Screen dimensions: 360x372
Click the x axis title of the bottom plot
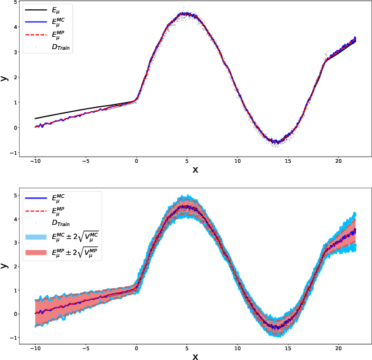195,355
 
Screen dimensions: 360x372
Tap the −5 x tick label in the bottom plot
85,348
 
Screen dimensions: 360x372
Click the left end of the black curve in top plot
36,118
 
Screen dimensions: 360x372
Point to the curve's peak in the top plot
185,14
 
